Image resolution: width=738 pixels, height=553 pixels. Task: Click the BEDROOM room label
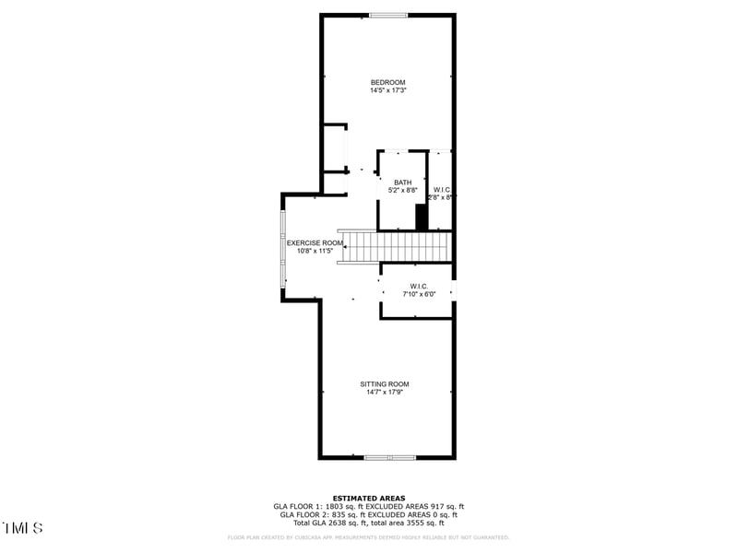387,83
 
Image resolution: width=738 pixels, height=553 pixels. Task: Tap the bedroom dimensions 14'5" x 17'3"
387,91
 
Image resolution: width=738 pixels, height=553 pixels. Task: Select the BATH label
403,182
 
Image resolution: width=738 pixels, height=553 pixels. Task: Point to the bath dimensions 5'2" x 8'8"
403,191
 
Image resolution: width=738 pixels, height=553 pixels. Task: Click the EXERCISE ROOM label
315,243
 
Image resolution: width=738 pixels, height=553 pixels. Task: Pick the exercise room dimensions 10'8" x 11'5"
315,252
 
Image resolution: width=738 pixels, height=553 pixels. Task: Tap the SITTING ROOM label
385,384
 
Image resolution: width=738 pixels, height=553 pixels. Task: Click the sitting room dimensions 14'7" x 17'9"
385,393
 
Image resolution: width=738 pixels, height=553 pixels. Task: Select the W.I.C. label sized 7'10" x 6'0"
419,287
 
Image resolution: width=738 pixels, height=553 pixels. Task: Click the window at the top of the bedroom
388,15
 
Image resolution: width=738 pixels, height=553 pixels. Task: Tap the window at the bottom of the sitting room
389,457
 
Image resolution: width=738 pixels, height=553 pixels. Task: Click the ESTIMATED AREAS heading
369,498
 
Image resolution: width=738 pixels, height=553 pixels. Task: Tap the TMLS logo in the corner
22,528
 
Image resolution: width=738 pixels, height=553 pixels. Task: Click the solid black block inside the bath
422,218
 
